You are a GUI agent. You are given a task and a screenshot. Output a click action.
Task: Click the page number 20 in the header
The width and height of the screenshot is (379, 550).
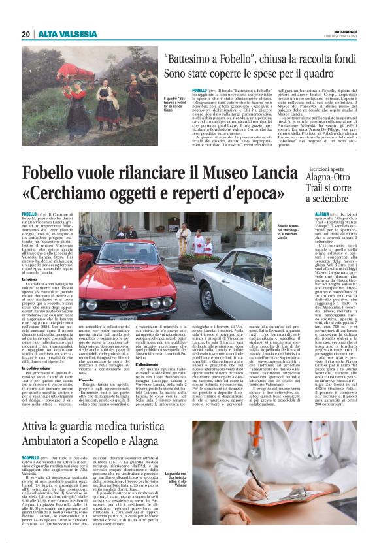point(25,33)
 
